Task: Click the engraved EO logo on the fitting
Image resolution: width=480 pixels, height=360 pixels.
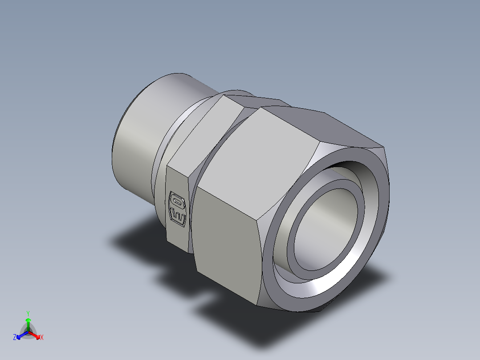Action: (178, 209)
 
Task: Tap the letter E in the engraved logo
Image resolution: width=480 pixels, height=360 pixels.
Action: (178, 217)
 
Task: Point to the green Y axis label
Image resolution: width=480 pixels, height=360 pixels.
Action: (28, 313)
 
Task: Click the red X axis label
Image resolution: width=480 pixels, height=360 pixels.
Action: (41, 338)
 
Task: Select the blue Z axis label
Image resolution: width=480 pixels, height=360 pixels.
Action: (15, 338)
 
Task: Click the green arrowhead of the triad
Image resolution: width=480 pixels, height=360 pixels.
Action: (28, 320)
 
